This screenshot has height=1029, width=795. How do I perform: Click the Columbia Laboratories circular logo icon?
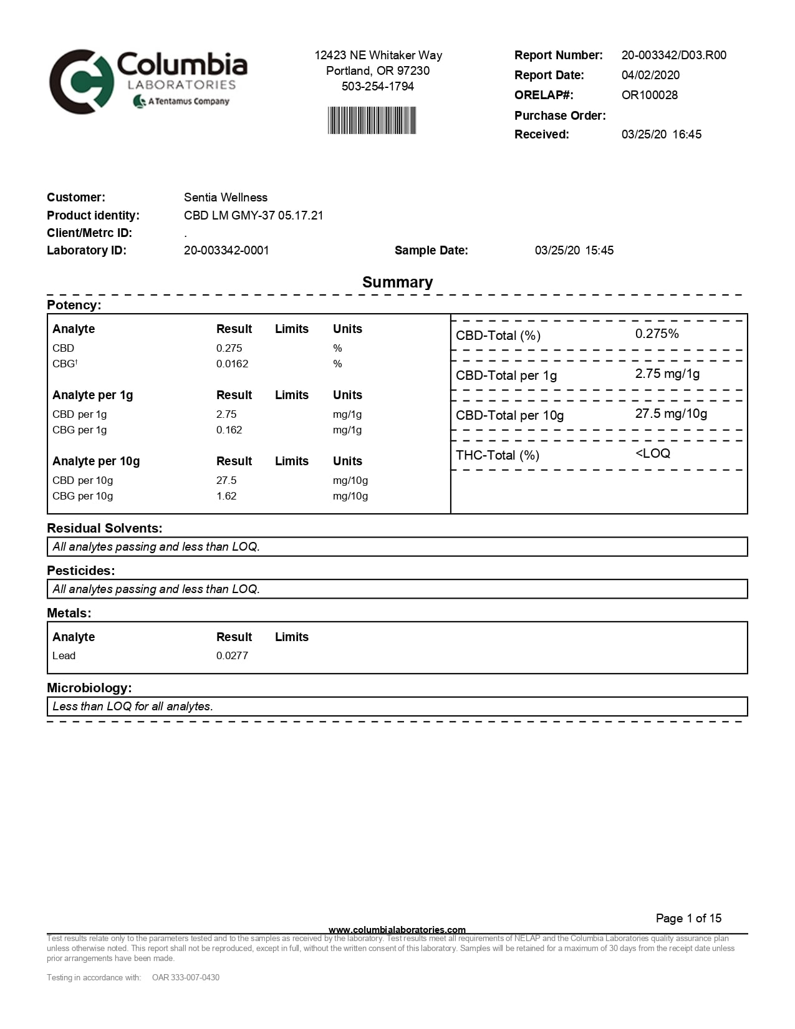[82, 82]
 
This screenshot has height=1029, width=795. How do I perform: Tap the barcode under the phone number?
[372, 120]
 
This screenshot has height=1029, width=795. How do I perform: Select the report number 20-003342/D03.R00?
[673, 55]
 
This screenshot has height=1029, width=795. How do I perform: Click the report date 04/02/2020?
[650, 75]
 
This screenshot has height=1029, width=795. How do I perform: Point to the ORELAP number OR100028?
[649, 95]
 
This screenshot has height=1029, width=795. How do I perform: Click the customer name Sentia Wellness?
[225, 197]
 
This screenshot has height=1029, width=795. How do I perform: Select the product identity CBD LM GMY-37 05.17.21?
[253, 215]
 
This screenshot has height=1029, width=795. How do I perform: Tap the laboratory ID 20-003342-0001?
[226, 250]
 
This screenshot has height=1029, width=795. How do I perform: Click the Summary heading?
[397, 282]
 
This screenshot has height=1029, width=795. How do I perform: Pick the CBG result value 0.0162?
[232, 364]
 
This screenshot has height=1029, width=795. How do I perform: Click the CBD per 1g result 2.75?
[226, 414]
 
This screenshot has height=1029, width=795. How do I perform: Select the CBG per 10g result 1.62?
[226, 496]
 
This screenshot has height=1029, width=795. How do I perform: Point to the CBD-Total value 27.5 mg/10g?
[671, 413]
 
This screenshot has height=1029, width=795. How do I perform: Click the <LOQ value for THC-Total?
[652, 453]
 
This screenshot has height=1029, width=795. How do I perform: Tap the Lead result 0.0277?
[232, 655]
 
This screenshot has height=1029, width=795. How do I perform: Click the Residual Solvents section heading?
[104, 528]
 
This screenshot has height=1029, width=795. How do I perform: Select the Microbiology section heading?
[89, 688]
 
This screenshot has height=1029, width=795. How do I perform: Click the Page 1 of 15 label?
[688, 918]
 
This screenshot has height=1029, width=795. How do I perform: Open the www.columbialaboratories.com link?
[397, 930]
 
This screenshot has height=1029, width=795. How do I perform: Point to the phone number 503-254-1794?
[378, 86]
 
